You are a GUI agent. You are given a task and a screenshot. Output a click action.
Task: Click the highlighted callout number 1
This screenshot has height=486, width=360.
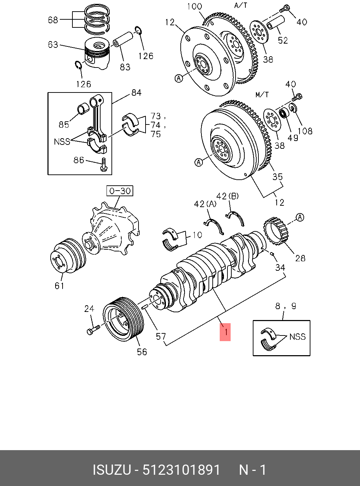[225, 332]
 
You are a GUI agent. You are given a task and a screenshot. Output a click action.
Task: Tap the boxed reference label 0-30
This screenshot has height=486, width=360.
[120, 191]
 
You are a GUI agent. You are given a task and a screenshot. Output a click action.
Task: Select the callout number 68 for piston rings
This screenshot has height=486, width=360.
[53, 20]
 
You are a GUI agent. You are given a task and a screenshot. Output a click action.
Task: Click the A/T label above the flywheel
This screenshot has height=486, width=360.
[241, 5]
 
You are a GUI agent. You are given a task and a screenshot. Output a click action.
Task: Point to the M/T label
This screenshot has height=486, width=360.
[262, 95]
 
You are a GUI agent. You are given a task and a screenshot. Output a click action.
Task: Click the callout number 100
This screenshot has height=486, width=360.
[194, 6]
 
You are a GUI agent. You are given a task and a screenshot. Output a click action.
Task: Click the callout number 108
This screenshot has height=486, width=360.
[305, 131]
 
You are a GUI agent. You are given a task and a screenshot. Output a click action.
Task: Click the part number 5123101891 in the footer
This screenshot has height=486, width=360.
[181, 470]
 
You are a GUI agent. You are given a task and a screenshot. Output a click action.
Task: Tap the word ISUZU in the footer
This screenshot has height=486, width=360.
[111, 470]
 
